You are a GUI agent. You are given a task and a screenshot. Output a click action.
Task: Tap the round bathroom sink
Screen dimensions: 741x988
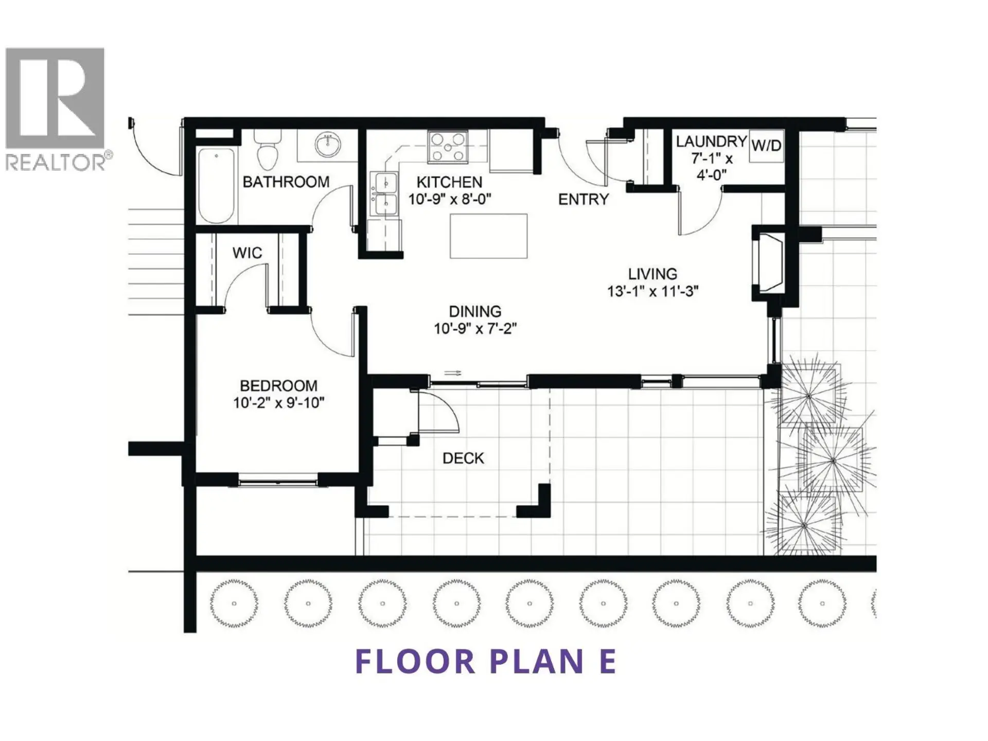click(x=327, y=145)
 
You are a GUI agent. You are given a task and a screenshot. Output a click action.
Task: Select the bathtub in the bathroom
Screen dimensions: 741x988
click(x=217, y=185)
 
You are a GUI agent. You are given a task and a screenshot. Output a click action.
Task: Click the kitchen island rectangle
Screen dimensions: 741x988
click(x=488, y=236)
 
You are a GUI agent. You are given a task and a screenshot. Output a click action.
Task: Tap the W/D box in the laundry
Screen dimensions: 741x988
click(x=766, y=146)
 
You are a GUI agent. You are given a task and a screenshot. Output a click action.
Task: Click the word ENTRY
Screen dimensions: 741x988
click(x=584, y=199)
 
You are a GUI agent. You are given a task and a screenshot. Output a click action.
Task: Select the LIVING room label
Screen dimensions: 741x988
click(x=652, y=274)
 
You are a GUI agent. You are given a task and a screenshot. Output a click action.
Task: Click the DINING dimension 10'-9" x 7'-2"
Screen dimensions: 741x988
click(x=474, y=328)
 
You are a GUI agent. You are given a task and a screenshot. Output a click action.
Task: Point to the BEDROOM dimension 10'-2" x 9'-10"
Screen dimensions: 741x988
click(x=278, y=402)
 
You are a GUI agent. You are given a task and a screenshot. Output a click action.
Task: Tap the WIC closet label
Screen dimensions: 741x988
click(x=247, y=253)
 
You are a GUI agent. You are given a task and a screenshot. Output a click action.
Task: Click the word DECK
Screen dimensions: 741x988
click(x=463, y=458)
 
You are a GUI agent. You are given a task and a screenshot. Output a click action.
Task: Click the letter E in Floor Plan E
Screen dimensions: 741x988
click(x=608, y=661)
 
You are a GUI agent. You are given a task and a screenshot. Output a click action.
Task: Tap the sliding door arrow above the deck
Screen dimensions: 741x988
click(x=452, y=373)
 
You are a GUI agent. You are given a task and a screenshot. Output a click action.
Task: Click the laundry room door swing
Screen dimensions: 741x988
click(x=700, y=214)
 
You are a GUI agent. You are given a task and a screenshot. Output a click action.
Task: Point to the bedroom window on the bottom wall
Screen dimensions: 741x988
click(x=278, y=482)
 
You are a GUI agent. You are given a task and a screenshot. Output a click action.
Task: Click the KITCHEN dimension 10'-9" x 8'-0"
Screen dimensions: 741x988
click(x=449, y=199)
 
